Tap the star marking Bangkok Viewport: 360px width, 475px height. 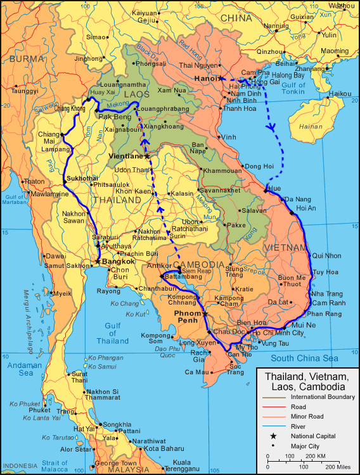97,260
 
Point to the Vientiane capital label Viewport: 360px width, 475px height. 125,156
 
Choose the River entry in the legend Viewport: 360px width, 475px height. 299,426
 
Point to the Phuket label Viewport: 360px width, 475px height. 39,410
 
